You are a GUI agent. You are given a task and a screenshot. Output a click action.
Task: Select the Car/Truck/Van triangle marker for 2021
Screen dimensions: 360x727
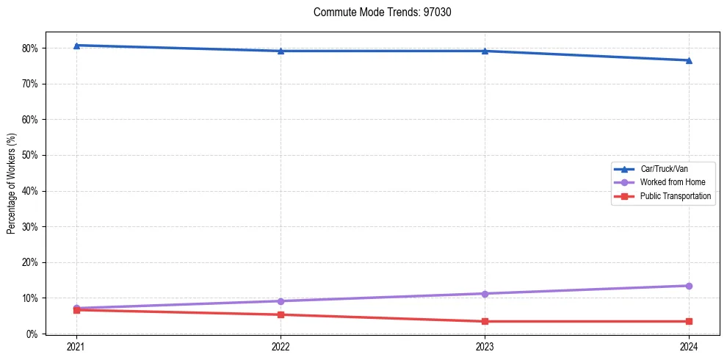(x=76, y=46)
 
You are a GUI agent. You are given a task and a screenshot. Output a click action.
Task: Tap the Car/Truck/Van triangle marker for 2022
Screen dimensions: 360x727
(x=281, y=51)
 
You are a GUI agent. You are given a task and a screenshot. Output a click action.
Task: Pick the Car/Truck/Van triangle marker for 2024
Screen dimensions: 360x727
(x=689, y=60)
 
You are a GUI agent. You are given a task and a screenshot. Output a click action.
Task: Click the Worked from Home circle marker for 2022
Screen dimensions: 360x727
(x=281, y=301)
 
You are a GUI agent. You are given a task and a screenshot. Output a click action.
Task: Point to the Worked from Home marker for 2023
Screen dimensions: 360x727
(x=485, y=294)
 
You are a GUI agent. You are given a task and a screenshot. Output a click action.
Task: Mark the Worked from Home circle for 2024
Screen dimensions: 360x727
(x=689, y=286)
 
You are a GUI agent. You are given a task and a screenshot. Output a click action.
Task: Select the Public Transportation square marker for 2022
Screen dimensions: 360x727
(x=281, y=314)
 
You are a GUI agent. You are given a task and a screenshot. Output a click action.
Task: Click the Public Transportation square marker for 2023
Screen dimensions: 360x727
(x=485, y=321)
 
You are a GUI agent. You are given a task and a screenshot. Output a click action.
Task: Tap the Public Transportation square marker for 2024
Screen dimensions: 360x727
(x=689, y=321)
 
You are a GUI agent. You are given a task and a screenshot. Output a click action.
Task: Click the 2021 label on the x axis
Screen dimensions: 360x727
(x=76, y=346)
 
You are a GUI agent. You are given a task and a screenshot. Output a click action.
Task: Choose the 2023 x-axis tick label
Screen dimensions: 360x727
(x=485, y=346)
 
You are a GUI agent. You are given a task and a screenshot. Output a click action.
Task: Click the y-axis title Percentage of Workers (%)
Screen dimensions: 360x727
(x=12, y=183)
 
